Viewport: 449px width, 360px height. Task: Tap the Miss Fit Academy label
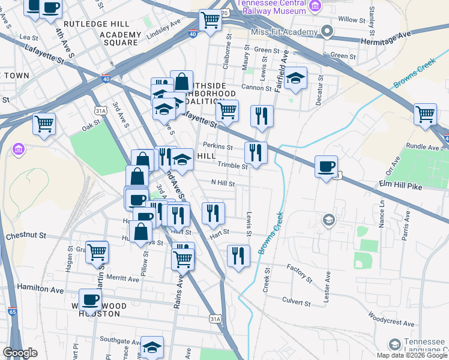pos(285,31)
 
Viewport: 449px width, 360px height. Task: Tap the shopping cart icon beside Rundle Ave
pos(424,113)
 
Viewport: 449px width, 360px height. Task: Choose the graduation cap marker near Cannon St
pos(295,78)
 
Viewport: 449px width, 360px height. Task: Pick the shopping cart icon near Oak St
pos(44,124)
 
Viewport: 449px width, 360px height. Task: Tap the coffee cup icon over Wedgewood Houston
pos(91,299)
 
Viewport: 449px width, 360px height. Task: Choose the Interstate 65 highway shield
pos(12,312)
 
